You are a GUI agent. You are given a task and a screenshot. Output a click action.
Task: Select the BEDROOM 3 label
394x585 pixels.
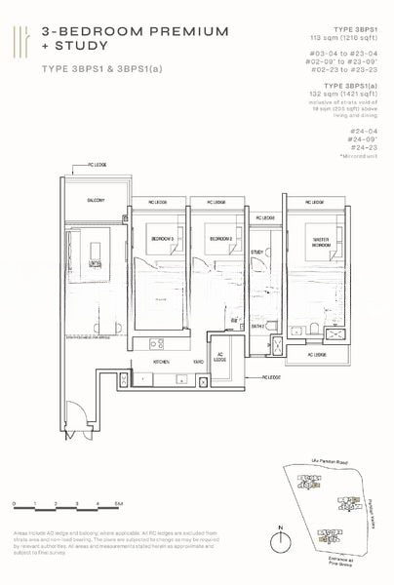click(163, 238)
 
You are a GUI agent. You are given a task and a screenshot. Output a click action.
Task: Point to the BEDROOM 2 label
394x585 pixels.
click(218, 237)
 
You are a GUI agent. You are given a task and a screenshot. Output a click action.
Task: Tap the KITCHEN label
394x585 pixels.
click(162, 361)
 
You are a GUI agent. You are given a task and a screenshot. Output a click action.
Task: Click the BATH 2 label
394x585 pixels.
click(256, 325)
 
